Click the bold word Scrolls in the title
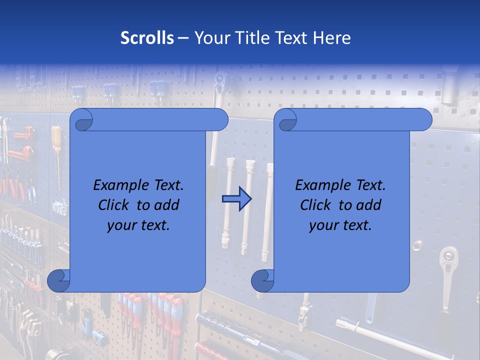coord(147,38)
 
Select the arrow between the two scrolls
coord(236,198)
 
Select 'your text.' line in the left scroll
coord(138,225)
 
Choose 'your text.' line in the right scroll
coord(340,225)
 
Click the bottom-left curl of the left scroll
coord(59,280)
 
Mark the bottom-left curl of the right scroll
coord(262,280)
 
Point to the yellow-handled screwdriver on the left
coord(56,145)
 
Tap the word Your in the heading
coord(210,38)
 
